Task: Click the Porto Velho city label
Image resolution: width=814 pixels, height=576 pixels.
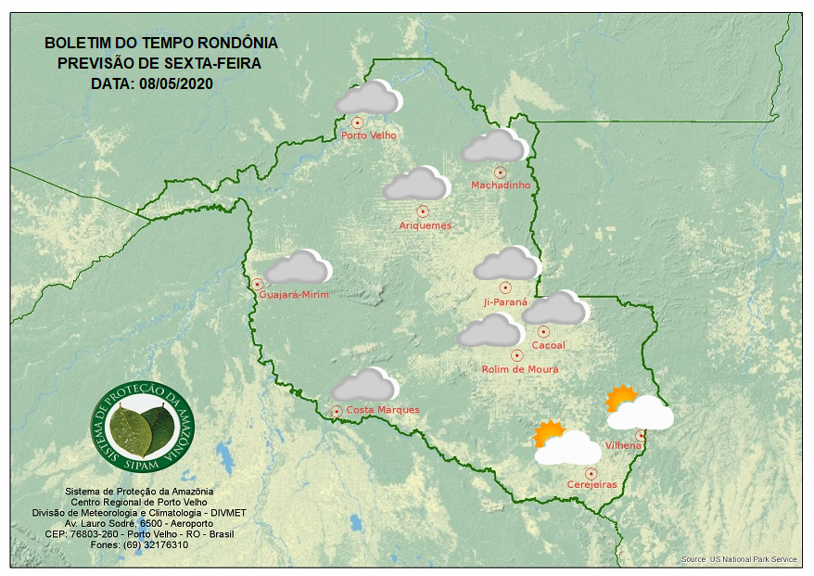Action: click(x=369, y=135)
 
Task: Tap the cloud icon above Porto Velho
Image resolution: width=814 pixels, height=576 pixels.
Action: click(x=368, y=98)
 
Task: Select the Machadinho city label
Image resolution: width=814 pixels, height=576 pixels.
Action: click(x=501, y=186)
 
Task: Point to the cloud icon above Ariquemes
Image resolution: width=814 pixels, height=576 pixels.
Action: click(x=416, y=185)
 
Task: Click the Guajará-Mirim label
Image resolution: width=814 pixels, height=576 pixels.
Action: click(x=295, y=294)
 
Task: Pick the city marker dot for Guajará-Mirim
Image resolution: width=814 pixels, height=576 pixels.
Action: click(x=257, y=284)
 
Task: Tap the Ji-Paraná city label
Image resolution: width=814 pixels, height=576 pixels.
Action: click(x=505, y=301)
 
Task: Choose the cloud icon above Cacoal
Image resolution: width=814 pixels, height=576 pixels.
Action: click(x=554, y=309)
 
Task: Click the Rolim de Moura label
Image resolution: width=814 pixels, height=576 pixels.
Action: click(x=520, y=369)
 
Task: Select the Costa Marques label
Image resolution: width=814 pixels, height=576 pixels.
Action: click(x=383, y=410)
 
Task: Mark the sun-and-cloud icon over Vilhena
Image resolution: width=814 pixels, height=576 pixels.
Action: click(x=638, y=409)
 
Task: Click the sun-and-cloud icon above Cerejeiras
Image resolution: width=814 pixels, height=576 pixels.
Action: click(x=566, y=443)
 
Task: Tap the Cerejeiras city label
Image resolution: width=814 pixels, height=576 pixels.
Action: click(x=591, y=484)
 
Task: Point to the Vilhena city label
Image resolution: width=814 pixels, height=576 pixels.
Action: click(x=623, y=446)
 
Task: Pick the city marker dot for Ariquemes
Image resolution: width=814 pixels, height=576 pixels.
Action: click(x=423, y=211)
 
